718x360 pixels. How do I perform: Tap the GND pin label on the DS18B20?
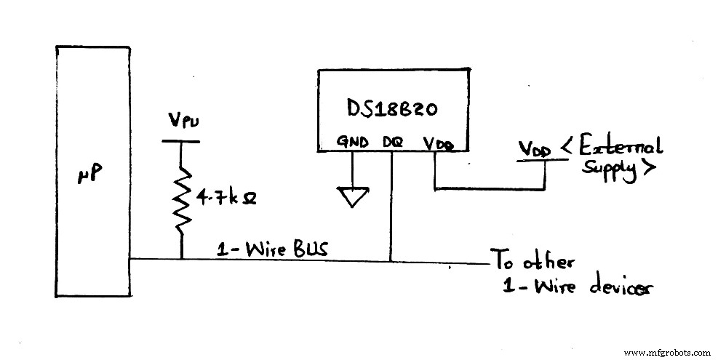pyautogui.click(x=352, y=143)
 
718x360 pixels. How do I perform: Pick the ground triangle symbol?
pyautogui.click(x=352, y=196)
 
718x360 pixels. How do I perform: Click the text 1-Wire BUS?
pyautogui.click(x=274, y=249)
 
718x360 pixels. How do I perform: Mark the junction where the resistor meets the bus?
pyautogui.click(x=181, y=258)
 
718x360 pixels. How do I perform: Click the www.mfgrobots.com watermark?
pyautogui.click(x=667, y=351)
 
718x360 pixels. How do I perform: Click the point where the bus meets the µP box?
pyautogui.click(x=130, y=258)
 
